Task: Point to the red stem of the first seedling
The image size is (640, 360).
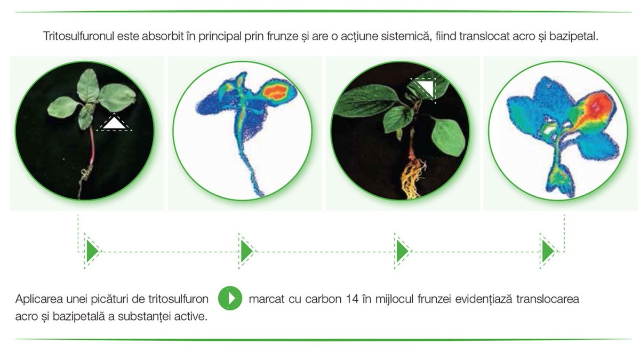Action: pos(92,146)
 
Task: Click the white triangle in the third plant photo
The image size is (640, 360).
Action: pos(425,87)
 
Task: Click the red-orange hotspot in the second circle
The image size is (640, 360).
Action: pos(275,92)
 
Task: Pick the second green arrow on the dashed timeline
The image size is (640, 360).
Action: pos(247,251)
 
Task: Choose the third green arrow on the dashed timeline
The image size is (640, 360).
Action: pos(402,251)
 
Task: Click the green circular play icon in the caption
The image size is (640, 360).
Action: pos(230,298)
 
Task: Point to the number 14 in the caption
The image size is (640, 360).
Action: pos(352,299)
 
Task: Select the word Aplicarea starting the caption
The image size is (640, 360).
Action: pos(39,299)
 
